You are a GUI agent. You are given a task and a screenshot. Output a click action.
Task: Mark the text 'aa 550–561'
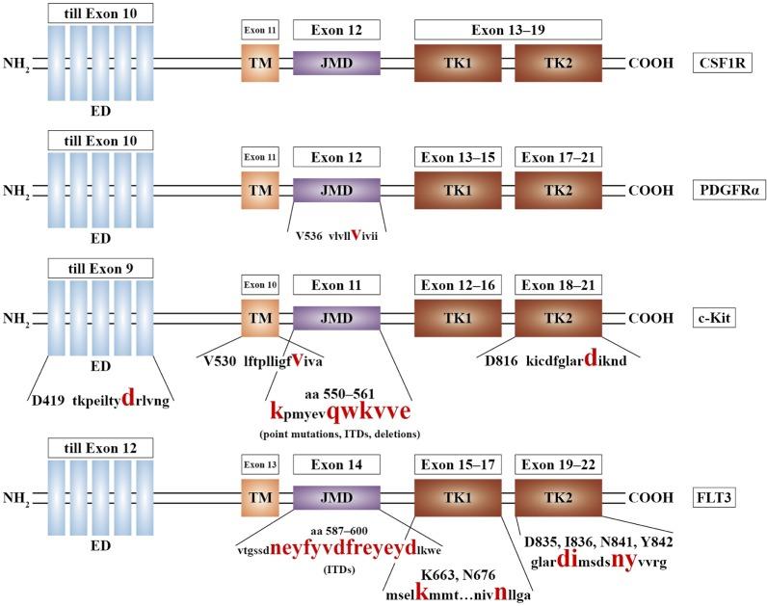click(333, 394)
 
